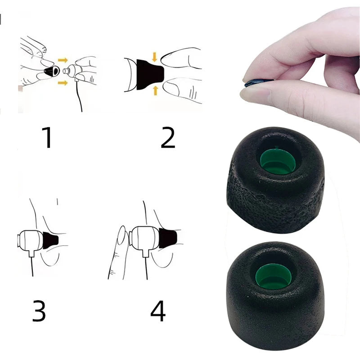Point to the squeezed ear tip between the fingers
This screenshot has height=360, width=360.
[259, 82]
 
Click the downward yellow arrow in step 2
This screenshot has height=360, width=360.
[155, 57]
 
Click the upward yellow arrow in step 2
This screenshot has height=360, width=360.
[155, 90]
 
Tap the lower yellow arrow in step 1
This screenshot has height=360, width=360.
[62, 82]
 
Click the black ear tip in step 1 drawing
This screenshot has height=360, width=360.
[52, 71]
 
